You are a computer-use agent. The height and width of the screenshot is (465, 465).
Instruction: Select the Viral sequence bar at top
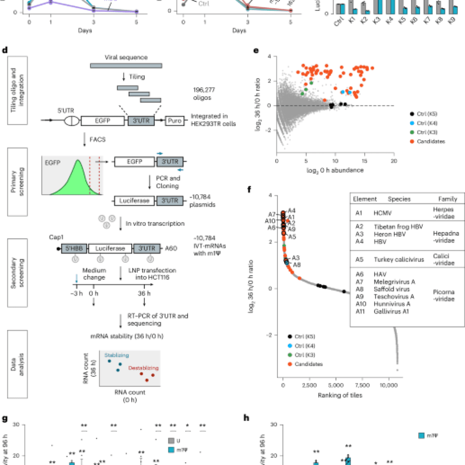point(126,66)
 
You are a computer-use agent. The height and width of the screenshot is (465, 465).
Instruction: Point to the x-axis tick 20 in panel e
point(394,161)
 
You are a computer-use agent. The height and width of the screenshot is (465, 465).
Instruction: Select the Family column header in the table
point(447,199)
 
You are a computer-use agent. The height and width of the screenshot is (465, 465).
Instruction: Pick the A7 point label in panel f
point(272,214)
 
